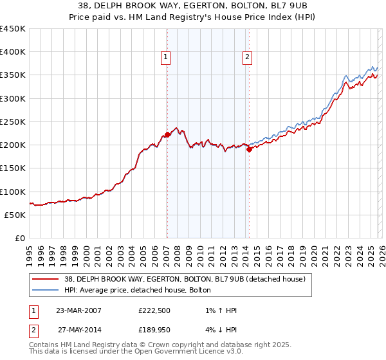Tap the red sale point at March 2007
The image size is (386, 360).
[167, 134]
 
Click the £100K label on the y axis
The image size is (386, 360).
[13, 192]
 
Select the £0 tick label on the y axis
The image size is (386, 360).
[20, 238]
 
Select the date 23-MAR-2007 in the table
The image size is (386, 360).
[78, 310]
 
